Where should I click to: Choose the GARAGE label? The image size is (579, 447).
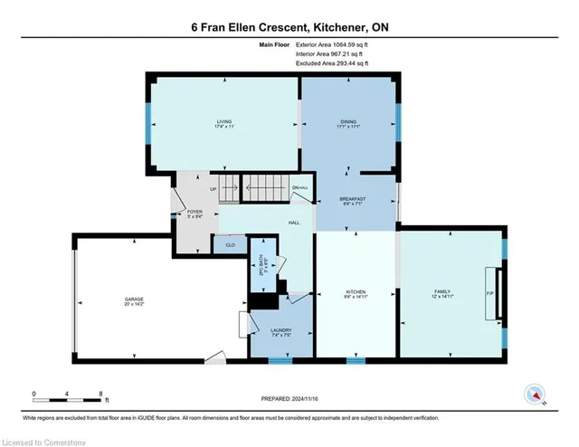[134, 299]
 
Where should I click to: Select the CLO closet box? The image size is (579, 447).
[226, 243]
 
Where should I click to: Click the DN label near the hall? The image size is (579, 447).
[296, 188]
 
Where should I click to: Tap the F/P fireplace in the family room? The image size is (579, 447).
[492, 293]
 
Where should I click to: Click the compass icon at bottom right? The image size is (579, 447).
[536, 394]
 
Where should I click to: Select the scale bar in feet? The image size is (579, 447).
[68, 395]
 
